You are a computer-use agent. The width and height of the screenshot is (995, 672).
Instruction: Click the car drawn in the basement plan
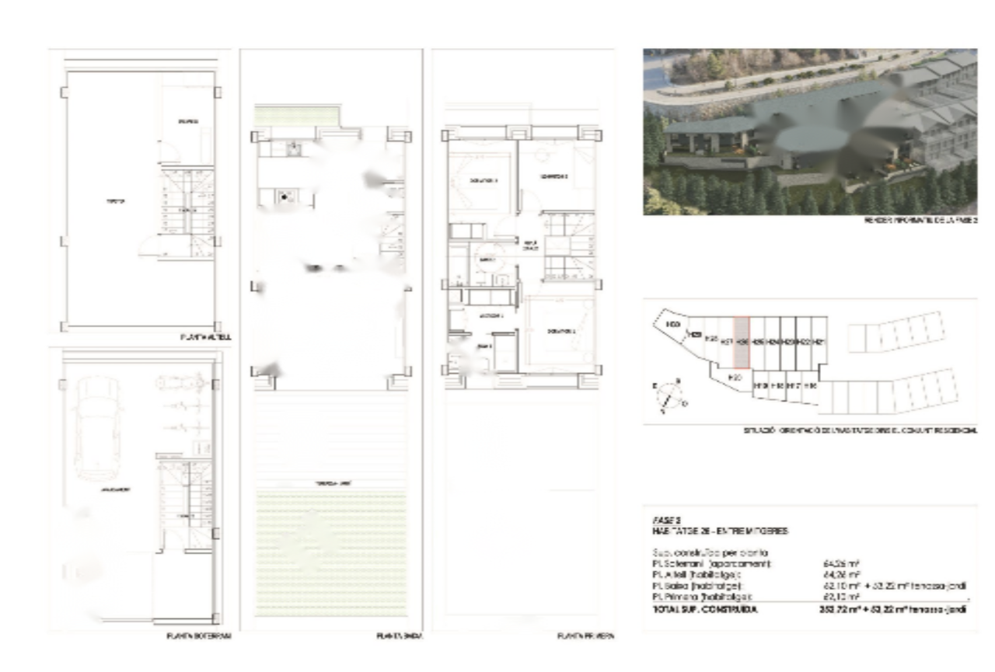click(98, 429)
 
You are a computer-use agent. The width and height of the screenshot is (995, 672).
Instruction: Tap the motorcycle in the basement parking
click(180, 384)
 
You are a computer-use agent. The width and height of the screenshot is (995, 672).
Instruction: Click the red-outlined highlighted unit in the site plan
click(742, 343)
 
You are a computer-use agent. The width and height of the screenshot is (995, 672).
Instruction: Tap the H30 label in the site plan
click(673, 324)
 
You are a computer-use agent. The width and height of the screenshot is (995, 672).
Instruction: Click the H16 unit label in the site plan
click(810, 385)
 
